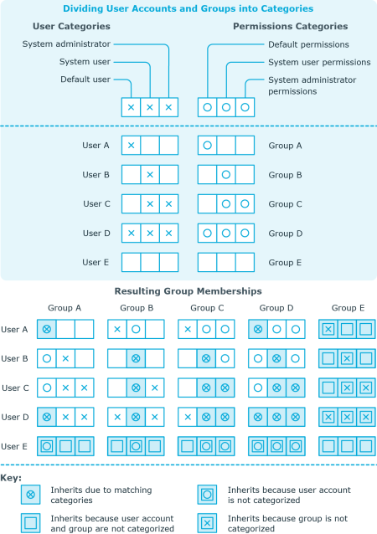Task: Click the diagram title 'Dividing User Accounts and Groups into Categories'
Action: (x=188, y=8)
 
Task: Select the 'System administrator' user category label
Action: (x=66, y=44)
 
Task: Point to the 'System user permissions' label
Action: (x=319, y=62)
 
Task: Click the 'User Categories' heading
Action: (x=71, y=26)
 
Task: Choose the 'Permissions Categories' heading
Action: (x=291, y=26)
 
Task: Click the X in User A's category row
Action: (x=131, y=146)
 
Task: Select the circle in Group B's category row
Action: (x=225, y=175)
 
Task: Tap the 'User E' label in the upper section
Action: (x=96, y=263)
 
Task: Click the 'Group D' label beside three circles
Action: (x=286, y=234)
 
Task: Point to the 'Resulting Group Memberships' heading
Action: (x=188, y=291)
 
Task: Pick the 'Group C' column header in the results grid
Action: (x=207, y=308)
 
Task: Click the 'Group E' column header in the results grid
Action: (x=348, y=308)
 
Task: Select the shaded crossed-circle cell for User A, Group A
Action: (x=47, y=329)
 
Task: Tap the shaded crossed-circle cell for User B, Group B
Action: (x=136, y=358)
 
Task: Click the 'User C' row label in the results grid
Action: (x=15, y=388)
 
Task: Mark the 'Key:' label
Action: (x=11, y=478)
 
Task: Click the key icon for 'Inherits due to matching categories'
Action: (x=31, y=495)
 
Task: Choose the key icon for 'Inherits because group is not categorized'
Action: (x=207, y=523)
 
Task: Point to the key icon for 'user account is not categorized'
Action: (x=207, y=495)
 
